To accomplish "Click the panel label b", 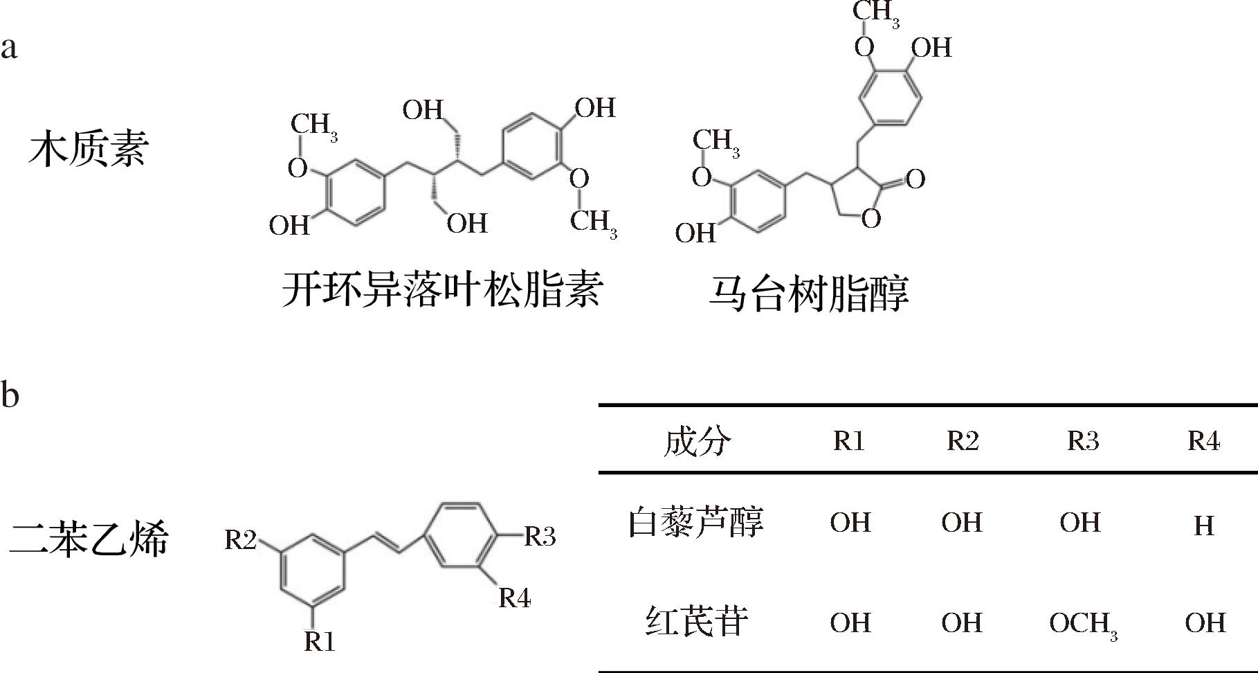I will [10, 394].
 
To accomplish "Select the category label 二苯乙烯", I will [89, 539].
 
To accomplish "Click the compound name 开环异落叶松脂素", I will [442, 289].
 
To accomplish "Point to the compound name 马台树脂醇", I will [808, 293].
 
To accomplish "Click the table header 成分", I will [696, 441].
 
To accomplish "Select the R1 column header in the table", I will [849, 441].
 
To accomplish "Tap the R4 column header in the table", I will [1204, 441].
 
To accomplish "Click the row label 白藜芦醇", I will [695, 522].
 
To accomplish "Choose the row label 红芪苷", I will [696, 621].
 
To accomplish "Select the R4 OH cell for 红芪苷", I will [1205, 622].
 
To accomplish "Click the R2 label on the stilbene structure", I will [241, 539].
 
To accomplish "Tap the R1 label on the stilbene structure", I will [320, 642].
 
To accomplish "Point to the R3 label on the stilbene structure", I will [540, 536].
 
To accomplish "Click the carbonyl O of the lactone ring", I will [915, 179].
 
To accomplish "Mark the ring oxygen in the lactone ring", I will [871, 219].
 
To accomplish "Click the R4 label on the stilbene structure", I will [515, 598].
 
